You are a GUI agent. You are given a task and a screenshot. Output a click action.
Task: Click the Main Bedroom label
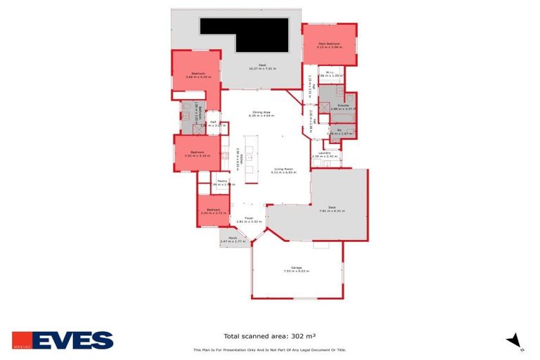[x=329, y=44]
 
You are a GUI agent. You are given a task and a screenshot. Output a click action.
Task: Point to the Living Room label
[x=284, y=169]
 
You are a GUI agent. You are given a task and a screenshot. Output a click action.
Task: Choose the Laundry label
[x=324, y=153]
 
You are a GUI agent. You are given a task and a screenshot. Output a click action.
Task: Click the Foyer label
[x=248, y=218]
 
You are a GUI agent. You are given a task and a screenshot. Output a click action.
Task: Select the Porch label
[x=232, y=238]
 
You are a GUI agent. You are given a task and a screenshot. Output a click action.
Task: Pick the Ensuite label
[x=340, y=105]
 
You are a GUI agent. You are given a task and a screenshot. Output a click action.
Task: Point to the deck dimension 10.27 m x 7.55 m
[x=262, y=68]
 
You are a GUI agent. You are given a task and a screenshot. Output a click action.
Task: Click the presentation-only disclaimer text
[x=270, y=349]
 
